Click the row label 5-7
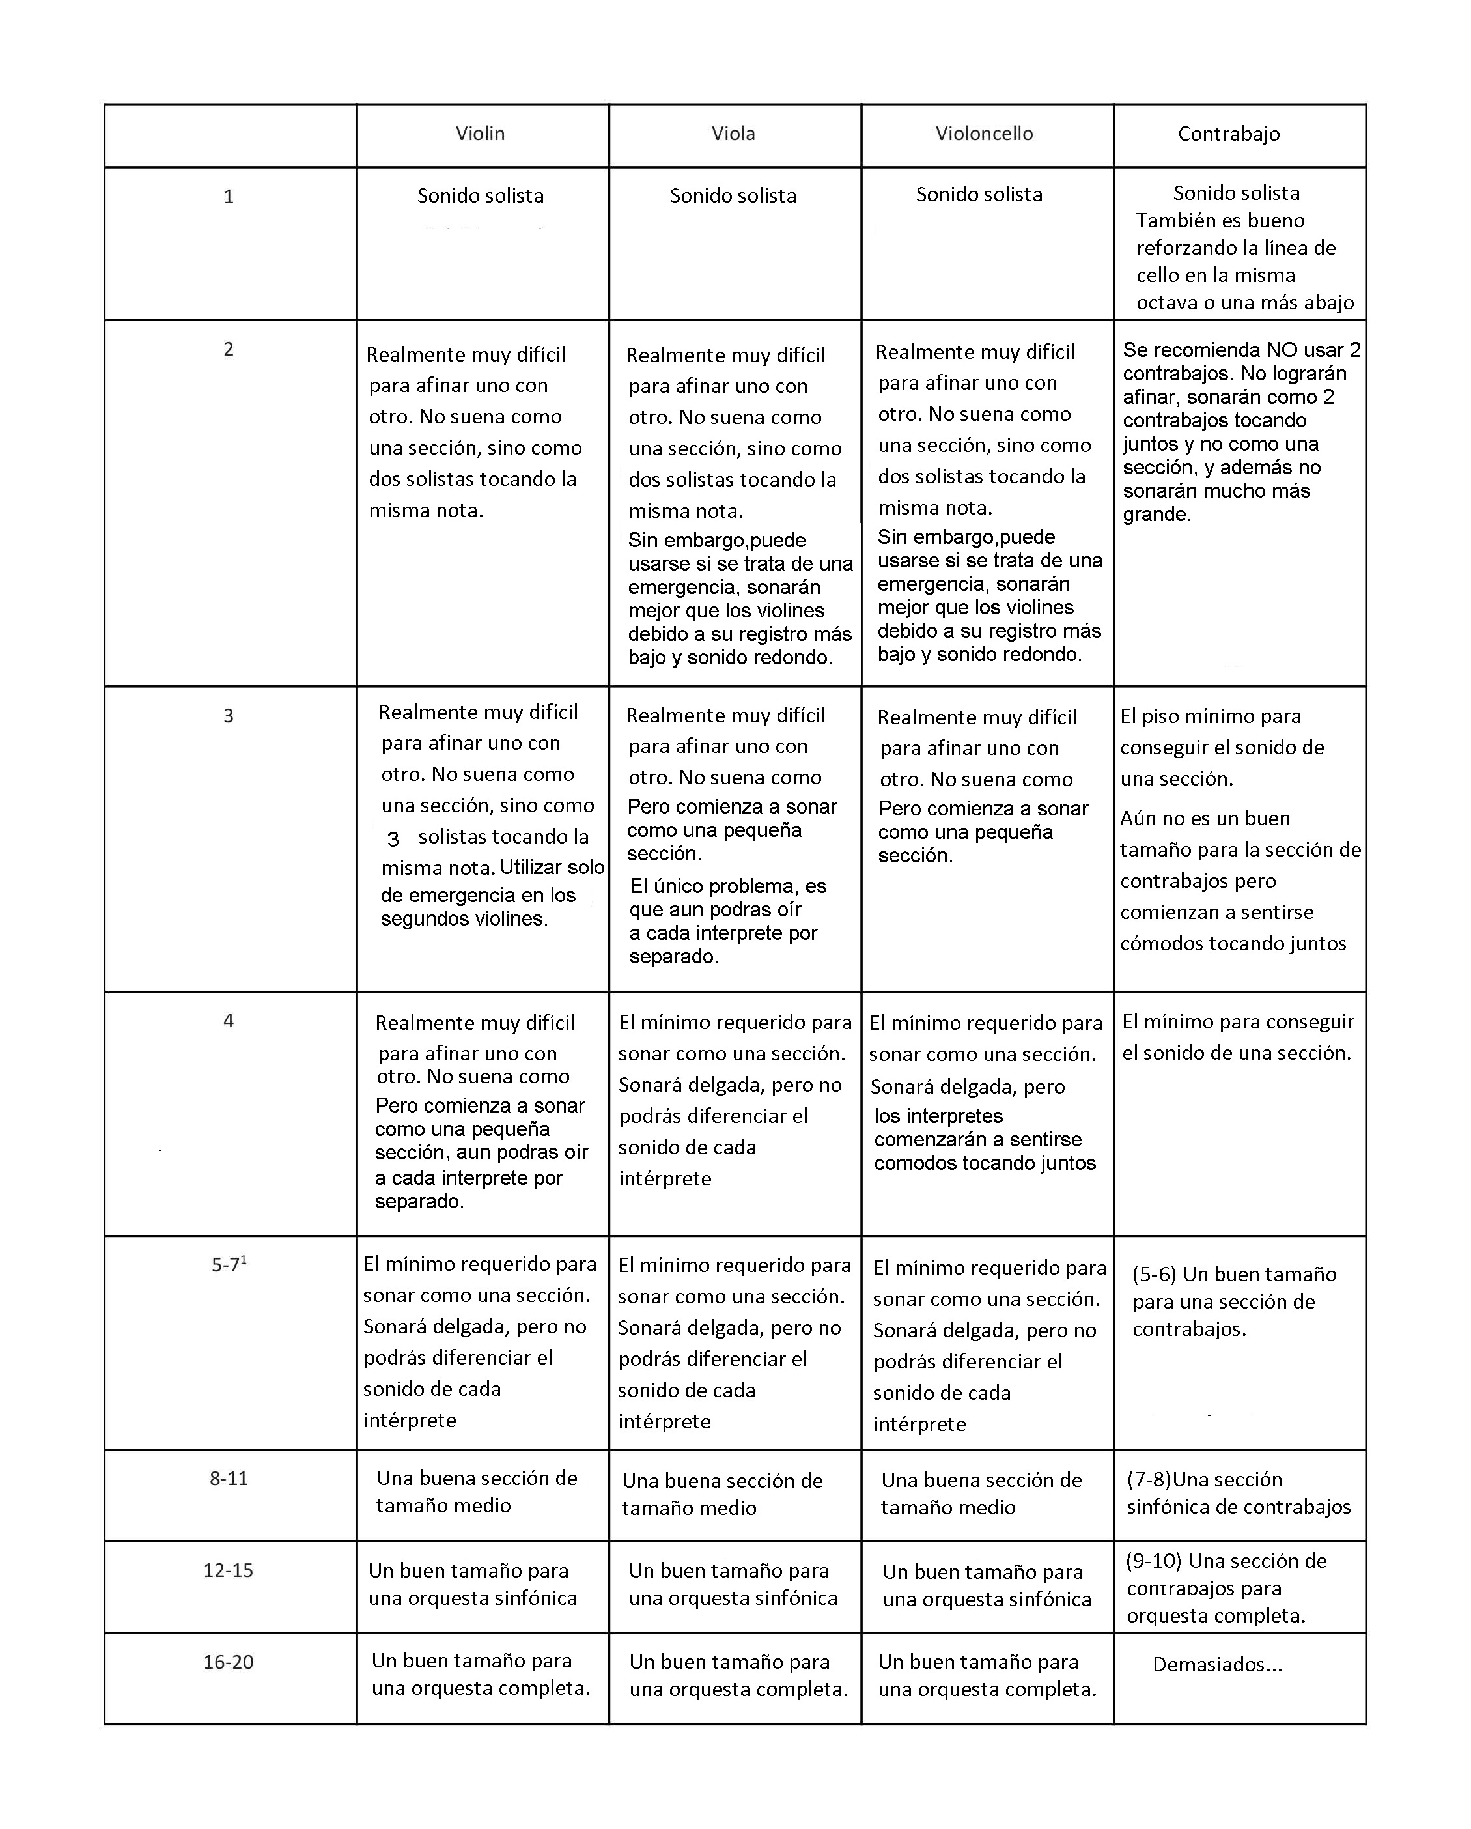(227, 1265)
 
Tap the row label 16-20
(228, 1662)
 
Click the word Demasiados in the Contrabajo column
(1208, 1664)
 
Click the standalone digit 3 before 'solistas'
(393, 839)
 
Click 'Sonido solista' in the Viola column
(733, 196)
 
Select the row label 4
(228, 1021)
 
